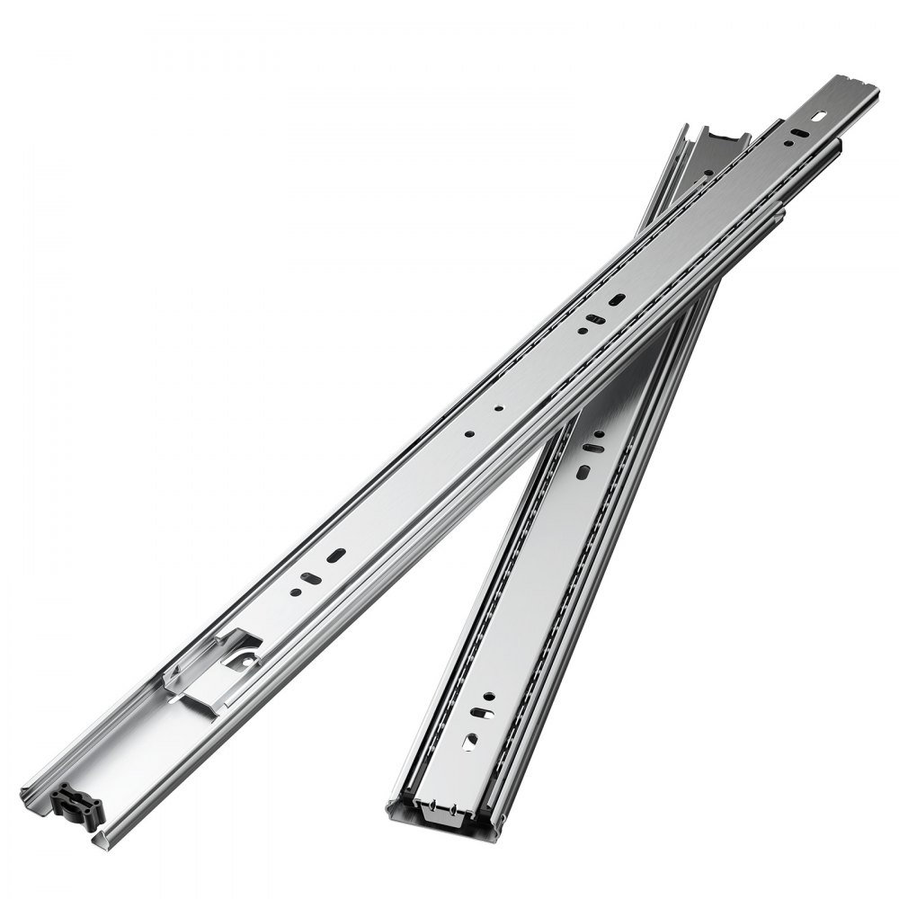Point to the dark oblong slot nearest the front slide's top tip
[x=795, y=134]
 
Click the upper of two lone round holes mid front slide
[x=497, y=406]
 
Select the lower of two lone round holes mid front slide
[x=468, y=433]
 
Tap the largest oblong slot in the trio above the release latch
[x=336, y=556]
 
